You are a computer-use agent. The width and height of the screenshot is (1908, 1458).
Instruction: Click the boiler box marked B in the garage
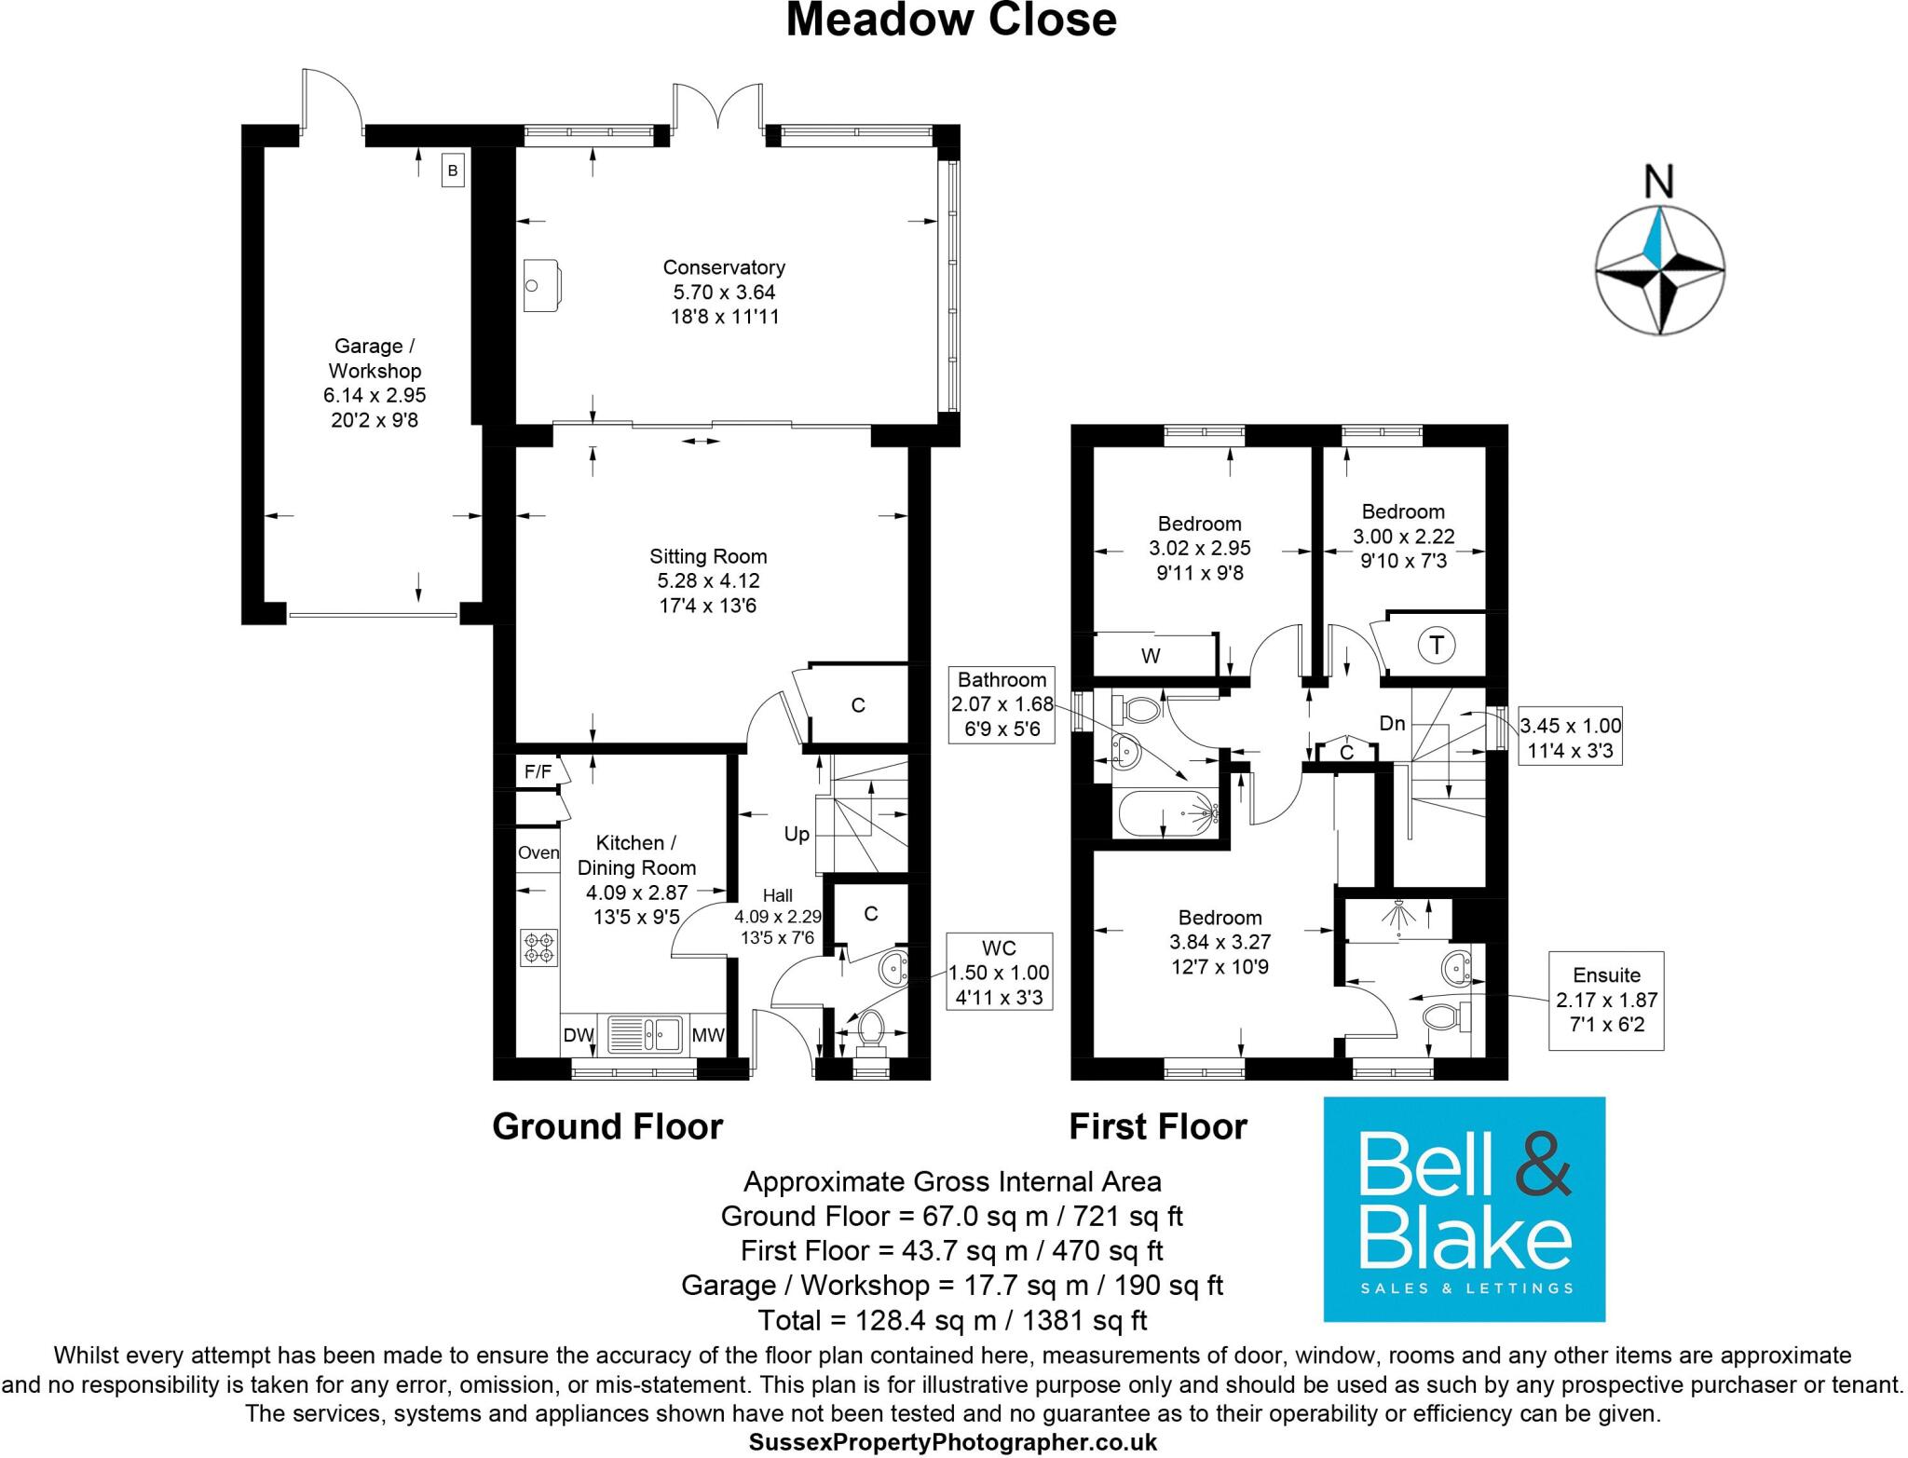453,171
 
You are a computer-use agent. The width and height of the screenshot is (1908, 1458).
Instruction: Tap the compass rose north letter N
1659,183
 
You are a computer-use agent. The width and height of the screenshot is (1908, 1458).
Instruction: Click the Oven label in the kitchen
538,852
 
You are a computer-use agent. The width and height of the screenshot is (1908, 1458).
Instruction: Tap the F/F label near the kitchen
538,771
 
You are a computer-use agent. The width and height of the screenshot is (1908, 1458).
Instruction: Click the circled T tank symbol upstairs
1437,645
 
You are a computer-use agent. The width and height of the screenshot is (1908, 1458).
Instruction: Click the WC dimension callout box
999,973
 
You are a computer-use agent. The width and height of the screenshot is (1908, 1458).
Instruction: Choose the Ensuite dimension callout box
1606,1001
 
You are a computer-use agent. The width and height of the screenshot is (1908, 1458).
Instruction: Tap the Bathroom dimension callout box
1002,705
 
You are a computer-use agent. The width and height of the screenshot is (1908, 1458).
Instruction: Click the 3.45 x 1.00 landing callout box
1570,737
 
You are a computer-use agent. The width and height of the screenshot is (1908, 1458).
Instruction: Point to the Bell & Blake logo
1464,1209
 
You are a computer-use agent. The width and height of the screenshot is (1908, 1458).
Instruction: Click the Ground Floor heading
607,1127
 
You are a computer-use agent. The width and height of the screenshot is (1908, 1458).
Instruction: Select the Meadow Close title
951,20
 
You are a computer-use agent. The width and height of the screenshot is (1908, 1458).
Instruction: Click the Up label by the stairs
797,835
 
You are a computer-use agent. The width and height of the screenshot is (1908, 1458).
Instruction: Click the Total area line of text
952,1320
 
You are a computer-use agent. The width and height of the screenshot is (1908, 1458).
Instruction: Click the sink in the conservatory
540,284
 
